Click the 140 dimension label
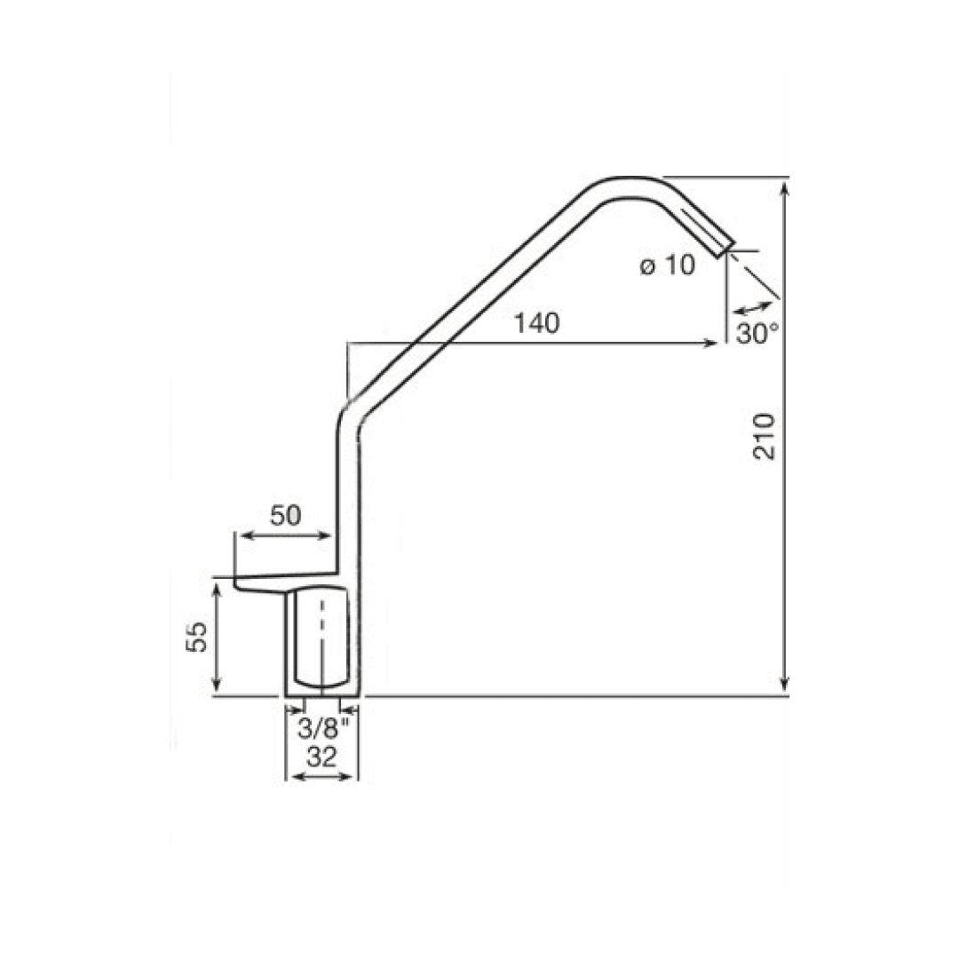(x=535, y=324)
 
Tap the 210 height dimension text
(x=764, y=435)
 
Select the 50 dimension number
(x=286, y=515)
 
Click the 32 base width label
(x=321, y=757)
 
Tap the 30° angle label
(x=757, y=333)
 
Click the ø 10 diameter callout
(x=668, y=266)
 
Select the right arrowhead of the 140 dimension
(x=711, y=343)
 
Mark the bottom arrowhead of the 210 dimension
(x=784, y=684)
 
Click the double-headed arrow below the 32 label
(x=321, y=777)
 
